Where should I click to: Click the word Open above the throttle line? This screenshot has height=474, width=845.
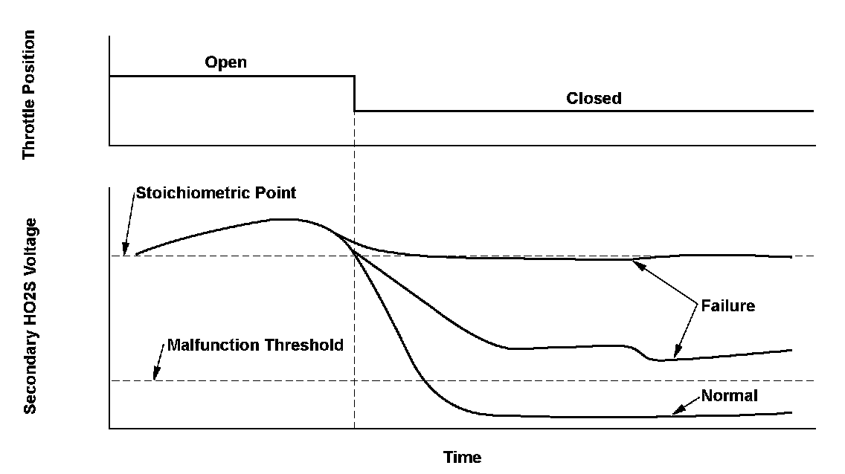point(225,62)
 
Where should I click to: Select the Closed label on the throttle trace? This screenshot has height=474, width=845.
point(594,98)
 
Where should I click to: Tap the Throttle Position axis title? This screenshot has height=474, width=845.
point(29,94)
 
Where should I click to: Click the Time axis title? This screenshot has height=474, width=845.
point(462,457)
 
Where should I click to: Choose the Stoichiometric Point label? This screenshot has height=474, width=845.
point(215,193)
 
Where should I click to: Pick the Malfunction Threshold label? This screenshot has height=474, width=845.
point(255,345)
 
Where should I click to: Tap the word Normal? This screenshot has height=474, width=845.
point(729,396)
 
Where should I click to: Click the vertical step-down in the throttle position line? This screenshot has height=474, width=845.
point(354,94)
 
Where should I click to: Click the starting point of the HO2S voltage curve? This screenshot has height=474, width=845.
point(136,255)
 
